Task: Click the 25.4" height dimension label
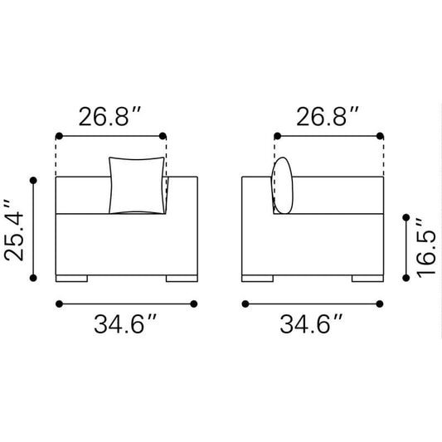[14, 230]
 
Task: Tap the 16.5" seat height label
[426, 247]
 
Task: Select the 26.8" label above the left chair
[109, 116]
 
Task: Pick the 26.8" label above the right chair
[328, 116]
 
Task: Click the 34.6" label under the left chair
[125, 324]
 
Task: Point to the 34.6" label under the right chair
[311, 324]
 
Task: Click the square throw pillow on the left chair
[137, 185]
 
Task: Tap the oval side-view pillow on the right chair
[282, 185]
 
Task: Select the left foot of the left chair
[71, 279]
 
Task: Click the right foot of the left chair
[182, 279]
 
